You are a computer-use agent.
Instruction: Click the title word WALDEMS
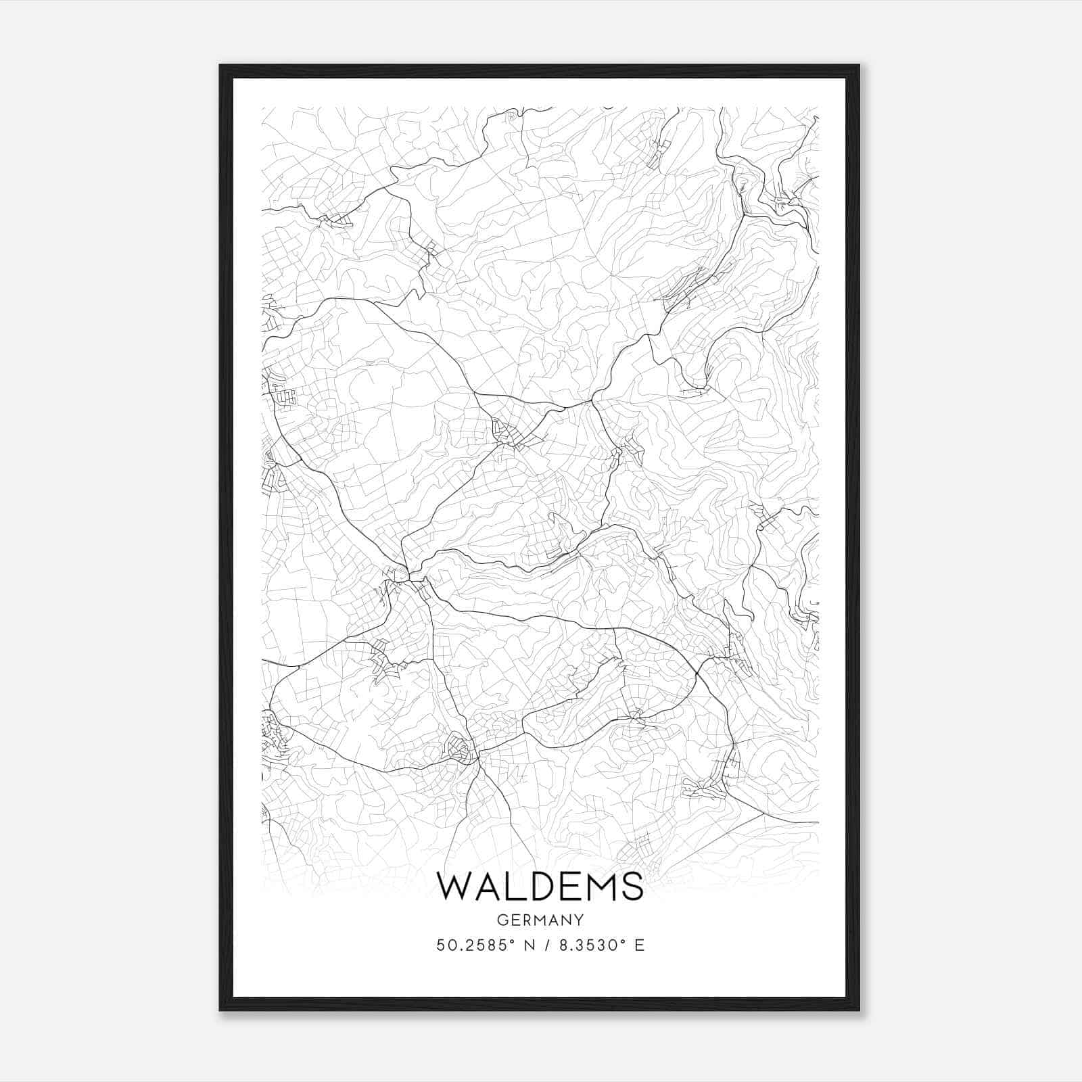[540, 886]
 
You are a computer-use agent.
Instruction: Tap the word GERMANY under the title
[540, 920]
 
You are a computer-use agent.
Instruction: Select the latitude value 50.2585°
[478, 945]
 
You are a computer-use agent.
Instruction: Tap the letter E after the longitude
[639, 945]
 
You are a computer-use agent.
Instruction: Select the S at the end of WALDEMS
[630, 886]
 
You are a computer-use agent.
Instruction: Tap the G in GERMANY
[501, 920]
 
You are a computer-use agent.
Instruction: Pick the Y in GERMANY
[579, 920]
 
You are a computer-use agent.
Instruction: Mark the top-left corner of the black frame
[220, 66]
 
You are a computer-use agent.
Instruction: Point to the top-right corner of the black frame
[859, 66]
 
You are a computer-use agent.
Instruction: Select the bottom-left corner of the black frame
[220, 1010]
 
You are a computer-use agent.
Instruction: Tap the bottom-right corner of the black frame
[859, 1010]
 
